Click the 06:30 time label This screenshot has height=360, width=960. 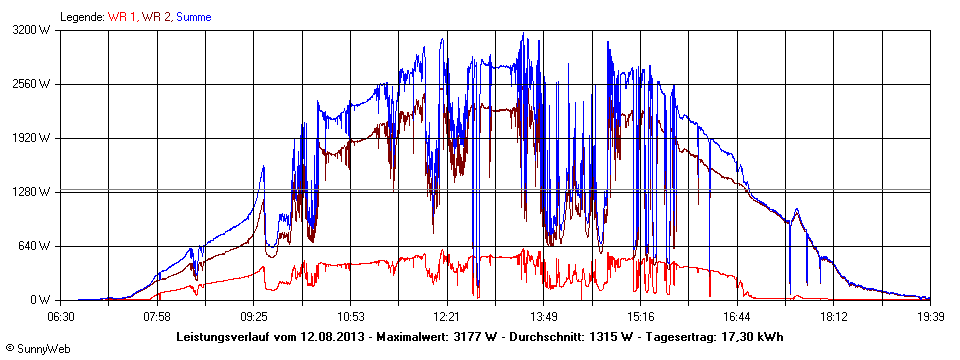click(61, 316)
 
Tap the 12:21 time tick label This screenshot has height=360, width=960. click(446, 316)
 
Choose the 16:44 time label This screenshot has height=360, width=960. click(736, 316)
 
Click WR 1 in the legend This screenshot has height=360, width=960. click(123, 17)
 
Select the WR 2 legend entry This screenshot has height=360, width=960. click(156, 17)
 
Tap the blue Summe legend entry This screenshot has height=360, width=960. click(194, 17)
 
